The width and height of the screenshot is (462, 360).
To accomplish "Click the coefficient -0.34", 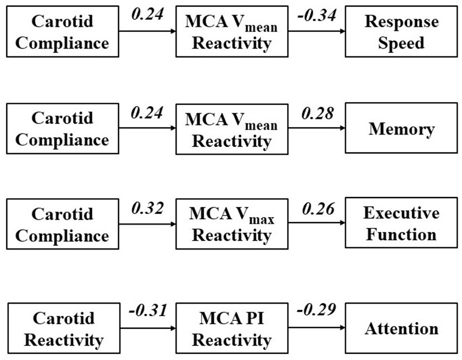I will click(316, 16).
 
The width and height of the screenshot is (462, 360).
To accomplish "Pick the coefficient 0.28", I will click(317, 113).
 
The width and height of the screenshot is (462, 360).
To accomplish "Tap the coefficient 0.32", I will click(147, 209).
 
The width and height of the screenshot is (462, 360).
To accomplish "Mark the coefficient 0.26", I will click(317, 209).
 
